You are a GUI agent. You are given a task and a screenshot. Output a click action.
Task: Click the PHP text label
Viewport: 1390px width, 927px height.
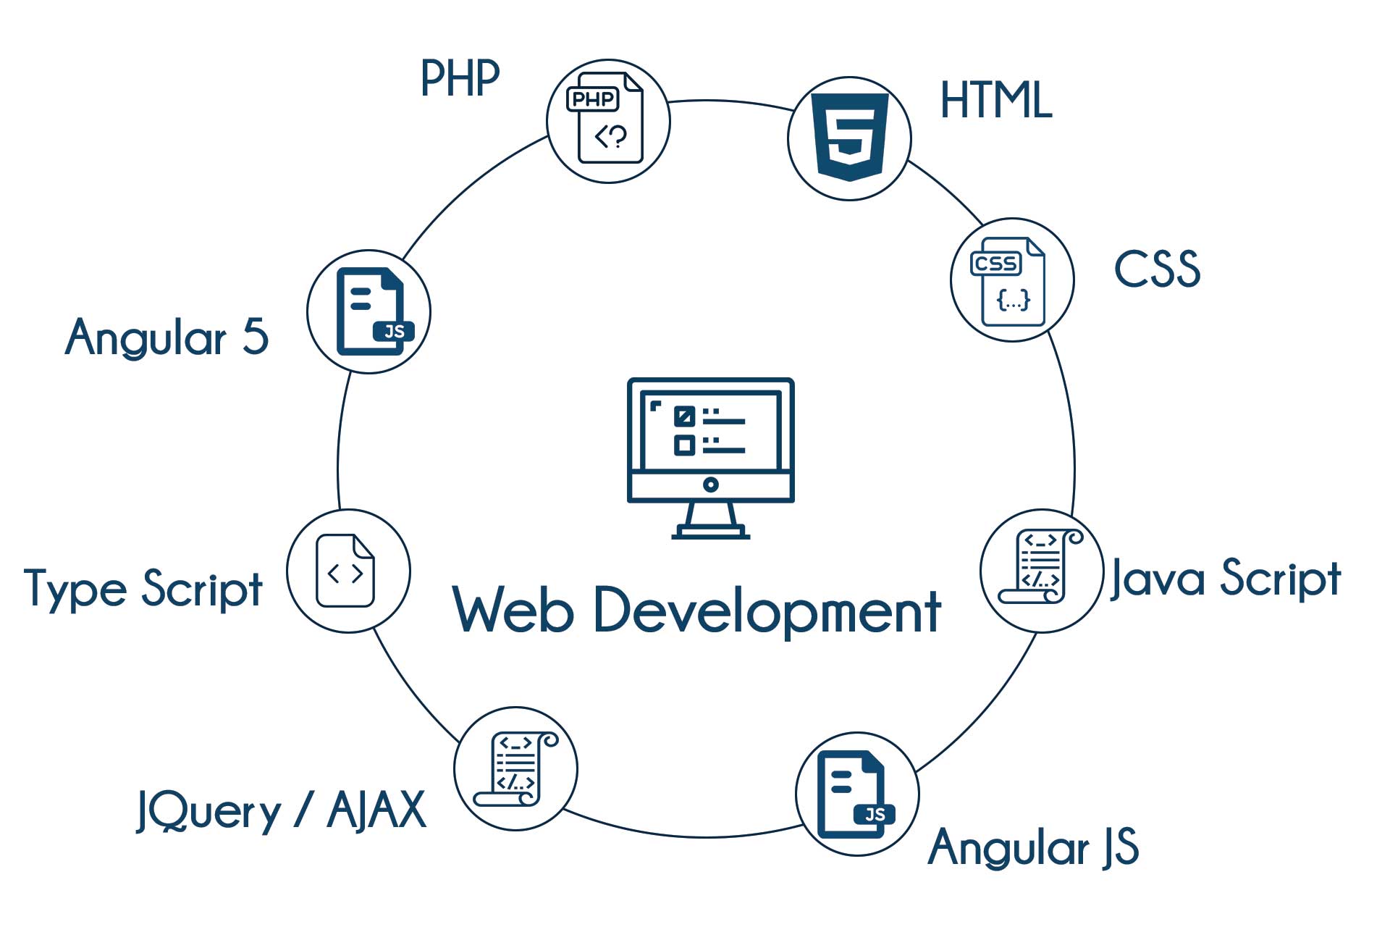pos(460,77)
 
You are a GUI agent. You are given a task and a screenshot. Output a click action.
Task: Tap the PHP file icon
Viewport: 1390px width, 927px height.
pos(609,120)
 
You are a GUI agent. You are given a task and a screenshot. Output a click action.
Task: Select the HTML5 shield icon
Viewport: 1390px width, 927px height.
pos(849,137)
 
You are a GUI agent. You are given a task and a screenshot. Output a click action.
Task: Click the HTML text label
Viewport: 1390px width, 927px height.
pos(995,100)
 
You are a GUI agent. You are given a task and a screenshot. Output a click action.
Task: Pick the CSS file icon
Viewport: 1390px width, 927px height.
pos(1011,280)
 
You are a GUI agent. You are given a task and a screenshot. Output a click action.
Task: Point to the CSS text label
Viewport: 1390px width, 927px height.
pos(1157,269)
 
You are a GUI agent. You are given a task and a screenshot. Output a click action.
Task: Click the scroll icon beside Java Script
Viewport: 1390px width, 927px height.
pos(1040,569)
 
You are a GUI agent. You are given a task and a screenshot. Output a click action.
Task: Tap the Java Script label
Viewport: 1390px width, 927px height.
pos(1226,579)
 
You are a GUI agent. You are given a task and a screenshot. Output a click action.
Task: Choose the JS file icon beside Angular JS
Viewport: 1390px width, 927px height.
pos(856,794)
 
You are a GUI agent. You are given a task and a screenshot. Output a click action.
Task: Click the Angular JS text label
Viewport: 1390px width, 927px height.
pos(1033,847)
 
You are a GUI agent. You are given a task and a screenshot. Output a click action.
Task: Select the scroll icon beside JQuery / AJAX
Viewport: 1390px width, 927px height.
pos(515,768)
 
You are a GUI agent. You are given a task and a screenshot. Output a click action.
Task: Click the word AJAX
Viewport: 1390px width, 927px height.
pos(376,810)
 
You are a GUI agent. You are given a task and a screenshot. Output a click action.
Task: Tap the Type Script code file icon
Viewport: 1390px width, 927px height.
pos(346,571)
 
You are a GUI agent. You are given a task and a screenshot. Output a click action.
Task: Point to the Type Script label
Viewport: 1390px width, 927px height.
pos(143,589)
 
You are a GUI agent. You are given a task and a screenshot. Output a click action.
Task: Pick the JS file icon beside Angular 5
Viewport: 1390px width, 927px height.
pos(371,311)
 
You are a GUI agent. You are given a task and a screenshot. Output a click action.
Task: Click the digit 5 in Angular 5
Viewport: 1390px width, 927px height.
pos(255,337)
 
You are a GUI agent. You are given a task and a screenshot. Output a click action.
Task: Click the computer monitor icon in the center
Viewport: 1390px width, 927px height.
pos(710,457)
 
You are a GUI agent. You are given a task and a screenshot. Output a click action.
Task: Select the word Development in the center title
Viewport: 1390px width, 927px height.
pos(767,611)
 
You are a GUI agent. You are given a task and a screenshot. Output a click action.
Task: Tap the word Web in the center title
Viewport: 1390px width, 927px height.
pos(513,611)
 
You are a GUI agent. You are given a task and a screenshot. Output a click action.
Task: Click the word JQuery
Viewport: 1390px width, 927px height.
pos(208,811)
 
